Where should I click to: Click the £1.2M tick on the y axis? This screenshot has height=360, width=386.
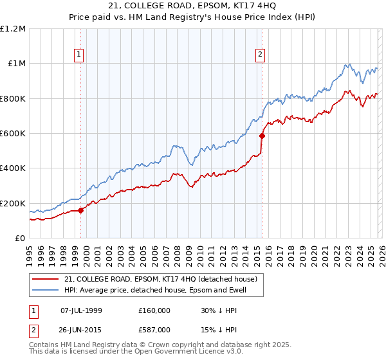[x=13, y=29]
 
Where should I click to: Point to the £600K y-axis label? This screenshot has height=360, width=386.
[x=13, y=134]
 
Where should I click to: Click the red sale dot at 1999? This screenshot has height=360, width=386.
[x=80, y=210]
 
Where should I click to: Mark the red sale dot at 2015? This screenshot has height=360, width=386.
[x=262, y=136]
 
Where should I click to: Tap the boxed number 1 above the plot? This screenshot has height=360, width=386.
[x=79, y=55]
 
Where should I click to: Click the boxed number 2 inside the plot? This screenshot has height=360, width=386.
[x=261, y=55]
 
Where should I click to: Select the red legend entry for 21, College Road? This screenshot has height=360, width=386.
[x=160, y=279]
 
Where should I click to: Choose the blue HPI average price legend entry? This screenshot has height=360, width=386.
[x=164, y=291]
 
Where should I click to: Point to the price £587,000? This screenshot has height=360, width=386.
[x=154, y=330]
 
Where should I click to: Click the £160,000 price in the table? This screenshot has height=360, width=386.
[x=154, y=310]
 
